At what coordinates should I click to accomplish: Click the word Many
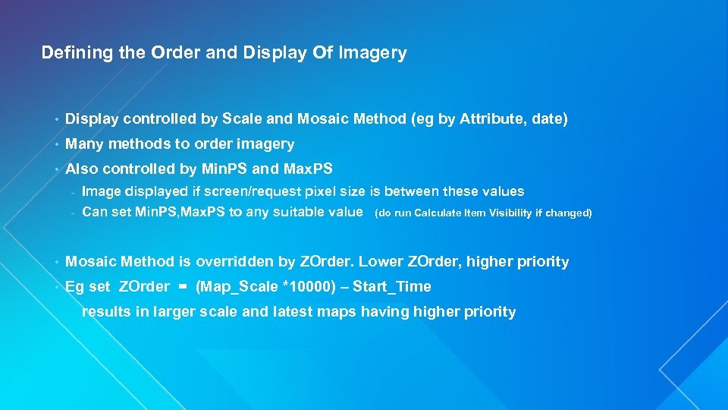[x=84, y=143]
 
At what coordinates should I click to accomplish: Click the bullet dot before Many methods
[x=57, y=144]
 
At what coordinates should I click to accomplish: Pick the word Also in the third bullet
[x=82, y=168]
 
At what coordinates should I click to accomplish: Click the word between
[x=413, y=191]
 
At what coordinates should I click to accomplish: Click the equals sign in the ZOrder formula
[x=183, y=287]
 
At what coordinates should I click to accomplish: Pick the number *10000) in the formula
[x=285, y=287]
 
